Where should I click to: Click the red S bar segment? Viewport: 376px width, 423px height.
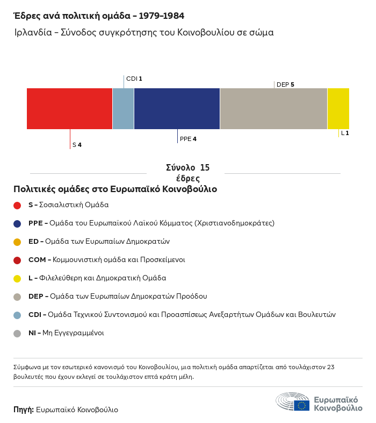[69, 109]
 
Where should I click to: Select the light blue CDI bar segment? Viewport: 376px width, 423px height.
[123, 109]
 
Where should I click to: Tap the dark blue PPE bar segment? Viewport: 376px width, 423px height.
[177, 109]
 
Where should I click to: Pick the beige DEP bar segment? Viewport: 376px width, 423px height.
[273, 109]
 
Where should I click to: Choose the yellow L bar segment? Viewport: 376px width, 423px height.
[338, 109]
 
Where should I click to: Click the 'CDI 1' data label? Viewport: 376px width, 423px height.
[134, 79]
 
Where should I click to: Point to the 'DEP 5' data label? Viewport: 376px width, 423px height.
[285, 84]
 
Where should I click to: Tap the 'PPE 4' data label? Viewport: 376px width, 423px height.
[188, 139]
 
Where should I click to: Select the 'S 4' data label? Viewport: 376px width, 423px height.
[77, 145]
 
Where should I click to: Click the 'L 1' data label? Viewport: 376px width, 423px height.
[345, 133]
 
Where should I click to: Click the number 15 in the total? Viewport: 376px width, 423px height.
[205, 167]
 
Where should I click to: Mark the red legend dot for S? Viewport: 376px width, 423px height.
[17, 205]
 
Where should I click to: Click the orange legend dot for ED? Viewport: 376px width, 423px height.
[17, 242]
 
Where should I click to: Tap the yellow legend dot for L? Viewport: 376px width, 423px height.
[17, 279]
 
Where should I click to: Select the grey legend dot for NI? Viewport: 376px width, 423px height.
[17, 334]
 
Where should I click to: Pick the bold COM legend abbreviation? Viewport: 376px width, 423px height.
[37, 260]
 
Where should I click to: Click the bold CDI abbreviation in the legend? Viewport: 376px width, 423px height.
[35, 314]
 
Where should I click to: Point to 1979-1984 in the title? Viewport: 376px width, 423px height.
[162, 16]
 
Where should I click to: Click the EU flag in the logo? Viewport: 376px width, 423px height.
[302, 405]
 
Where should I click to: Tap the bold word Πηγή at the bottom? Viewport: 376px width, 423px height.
[24, 410]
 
